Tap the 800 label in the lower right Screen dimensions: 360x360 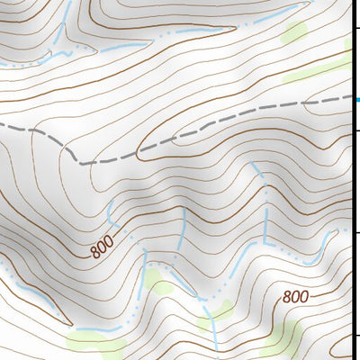tap(295, 297)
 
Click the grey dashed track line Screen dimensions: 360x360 tap(225, 126)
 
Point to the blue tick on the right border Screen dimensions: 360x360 tap(355, 101)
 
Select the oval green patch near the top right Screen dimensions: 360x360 tap(293, 34)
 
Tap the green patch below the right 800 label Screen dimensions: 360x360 tap(286, 337)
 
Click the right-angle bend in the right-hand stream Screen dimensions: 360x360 tap(266, 243)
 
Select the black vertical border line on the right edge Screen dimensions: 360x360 tap(350, 180)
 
